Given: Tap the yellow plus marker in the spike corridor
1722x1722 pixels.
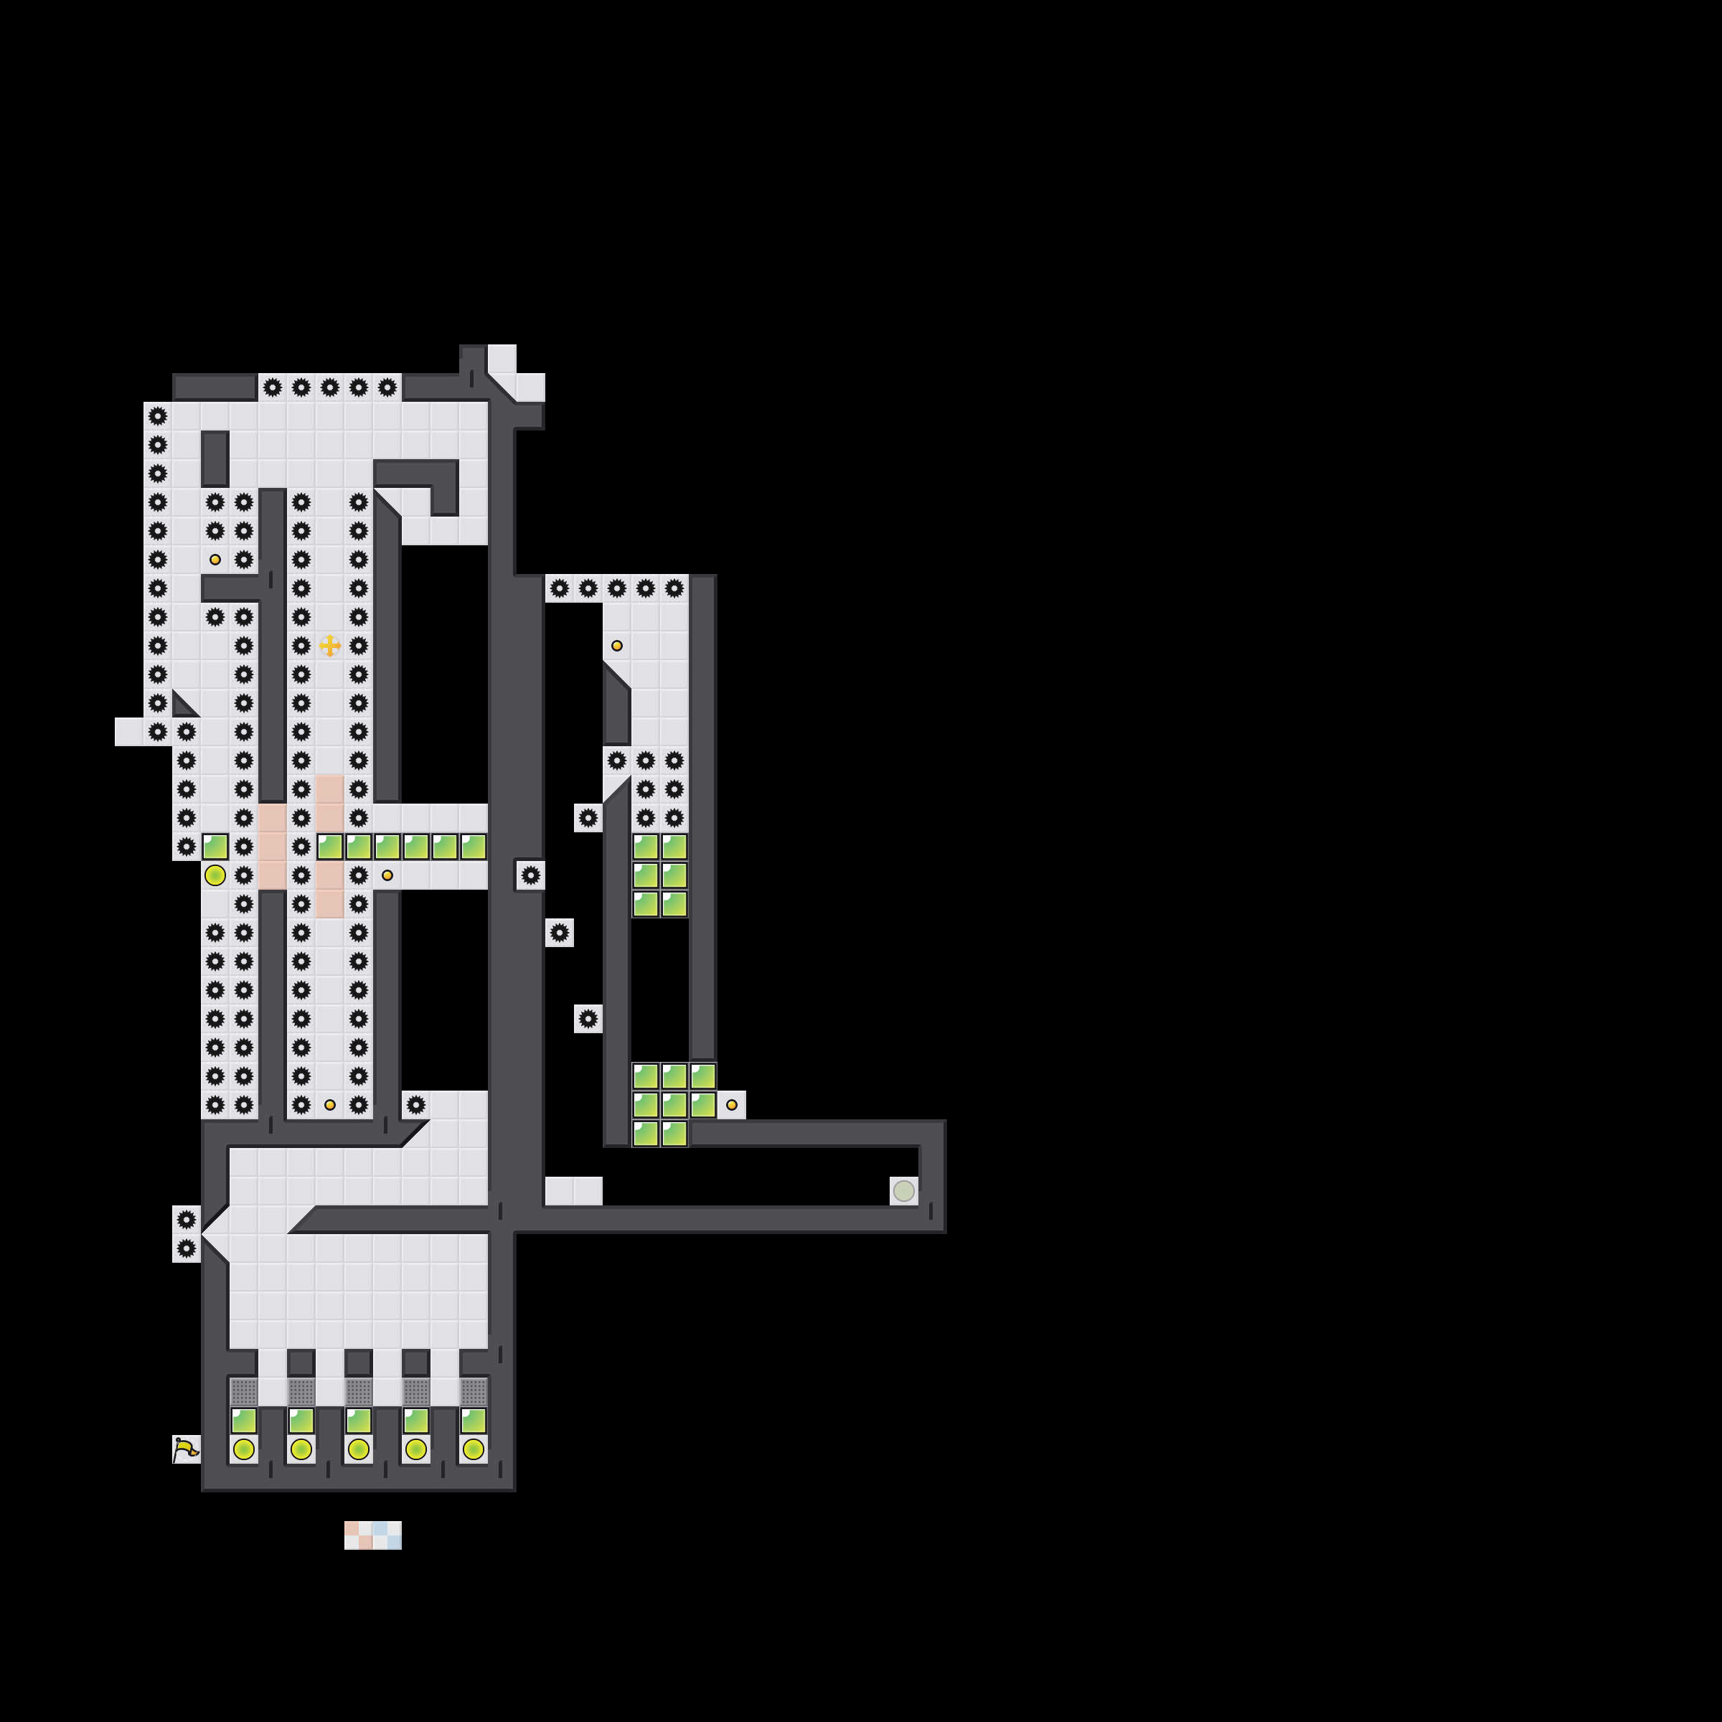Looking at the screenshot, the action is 330,645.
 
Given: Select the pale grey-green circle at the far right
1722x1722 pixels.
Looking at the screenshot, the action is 904,1191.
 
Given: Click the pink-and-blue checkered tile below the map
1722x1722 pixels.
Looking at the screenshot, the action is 372,1535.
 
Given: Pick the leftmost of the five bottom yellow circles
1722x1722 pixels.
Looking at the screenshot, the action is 243,1449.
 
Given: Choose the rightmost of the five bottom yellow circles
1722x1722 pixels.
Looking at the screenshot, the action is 474,1449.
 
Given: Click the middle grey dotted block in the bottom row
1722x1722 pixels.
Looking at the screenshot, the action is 358,1391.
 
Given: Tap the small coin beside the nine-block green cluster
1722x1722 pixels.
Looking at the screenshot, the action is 732,1105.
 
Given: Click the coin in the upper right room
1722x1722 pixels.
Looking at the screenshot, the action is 617,645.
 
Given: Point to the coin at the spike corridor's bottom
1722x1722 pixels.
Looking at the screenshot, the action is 330,1105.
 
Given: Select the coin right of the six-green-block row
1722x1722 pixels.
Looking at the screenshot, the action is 387,875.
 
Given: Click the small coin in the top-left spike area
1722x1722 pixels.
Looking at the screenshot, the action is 215,560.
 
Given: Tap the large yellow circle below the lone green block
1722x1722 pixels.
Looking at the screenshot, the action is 215,875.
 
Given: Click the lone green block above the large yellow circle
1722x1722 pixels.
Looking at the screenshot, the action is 215,847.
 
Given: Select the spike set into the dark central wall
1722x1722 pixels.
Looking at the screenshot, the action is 530,875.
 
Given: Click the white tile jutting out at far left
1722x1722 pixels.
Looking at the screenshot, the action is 129,732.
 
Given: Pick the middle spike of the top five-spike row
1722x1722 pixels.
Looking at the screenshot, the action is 330,387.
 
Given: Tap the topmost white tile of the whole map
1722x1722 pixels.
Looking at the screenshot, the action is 502,358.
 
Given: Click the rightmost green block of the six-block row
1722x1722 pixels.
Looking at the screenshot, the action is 474,847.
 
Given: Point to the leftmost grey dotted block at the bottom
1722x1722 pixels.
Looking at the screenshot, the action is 243,1391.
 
